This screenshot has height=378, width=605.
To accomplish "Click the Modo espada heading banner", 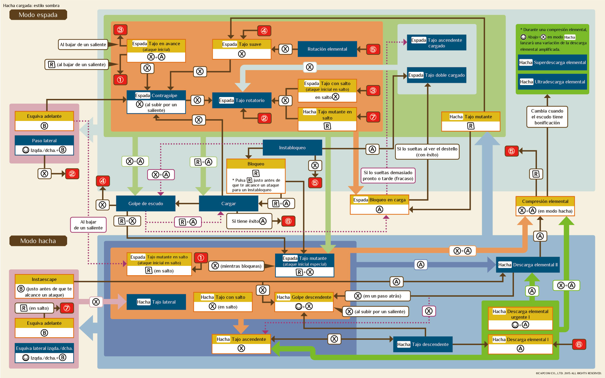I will click(x=38, y=15).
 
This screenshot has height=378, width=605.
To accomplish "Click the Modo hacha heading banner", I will click(x=38, y=241).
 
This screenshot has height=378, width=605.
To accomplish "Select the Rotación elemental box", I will click(x=327, y=49).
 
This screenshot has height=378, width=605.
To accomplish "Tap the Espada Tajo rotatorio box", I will click(x=242, y=100).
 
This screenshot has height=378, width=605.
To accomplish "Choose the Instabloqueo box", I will click(x=292, y=148).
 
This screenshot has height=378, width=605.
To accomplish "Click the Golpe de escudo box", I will click(x=146, y=203).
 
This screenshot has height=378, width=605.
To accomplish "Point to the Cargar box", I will click(x=228, y=203).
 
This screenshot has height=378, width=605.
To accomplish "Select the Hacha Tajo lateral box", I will click(x=156, y=302).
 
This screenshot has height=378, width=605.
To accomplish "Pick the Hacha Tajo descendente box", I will click(x=423, y=344).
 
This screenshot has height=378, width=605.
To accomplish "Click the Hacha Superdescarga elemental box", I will click(x=552, y=63).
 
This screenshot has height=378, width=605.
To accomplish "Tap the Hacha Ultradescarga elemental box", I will click(x=552, y=82).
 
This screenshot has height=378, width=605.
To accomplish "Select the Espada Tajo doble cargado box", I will click(x=436, y=75).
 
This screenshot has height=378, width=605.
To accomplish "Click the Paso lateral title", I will click(x=44, y=140).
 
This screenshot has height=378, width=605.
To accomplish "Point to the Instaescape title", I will click(x=44, y=279).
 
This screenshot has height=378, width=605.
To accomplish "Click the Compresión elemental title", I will click(x=545, y=201).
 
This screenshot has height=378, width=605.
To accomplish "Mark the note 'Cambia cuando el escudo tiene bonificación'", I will click(x=547, y=117).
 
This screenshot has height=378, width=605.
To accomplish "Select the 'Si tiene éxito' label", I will click(x=245, y=221).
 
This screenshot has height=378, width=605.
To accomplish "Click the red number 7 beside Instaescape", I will click(x=67, y=308).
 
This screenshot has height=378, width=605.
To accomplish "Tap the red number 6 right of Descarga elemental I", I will click(x=579, y=344).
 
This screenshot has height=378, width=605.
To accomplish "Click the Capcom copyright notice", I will click(x=568, y=373).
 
